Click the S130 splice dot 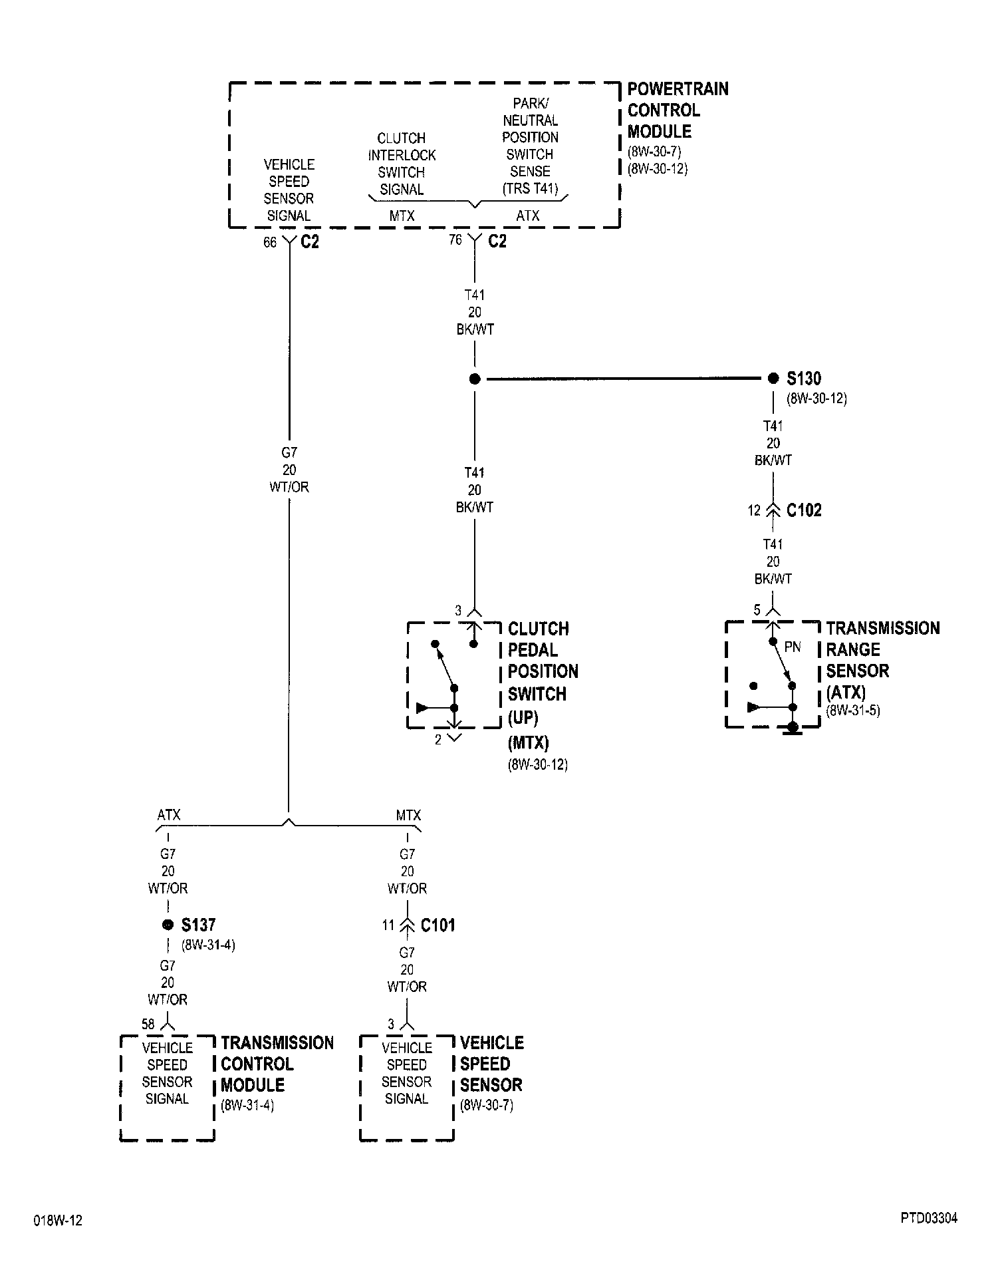point(773,379)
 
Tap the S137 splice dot point(168,925)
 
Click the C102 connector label point(804,510)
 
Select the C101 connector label point(437,925)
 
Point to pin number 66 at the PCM point(269,243)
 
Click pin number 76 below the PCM point(455,239)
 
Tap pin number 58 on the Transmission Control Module point(148,1025)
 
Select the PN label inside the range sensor point(793,647)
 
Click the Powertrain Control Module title point(677,110)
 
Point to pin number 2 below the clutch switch point(438,740)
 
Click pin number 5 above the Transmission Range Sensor point(757,610)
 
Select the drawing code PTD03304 point(929,1218)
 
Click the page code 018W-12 point(58,1221)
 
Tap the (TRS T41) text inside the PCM point(530,188)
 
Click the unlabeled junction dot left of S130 point(474,379)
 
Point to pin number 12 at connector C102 point(753,510)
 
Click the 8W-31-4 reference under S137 point(207,945)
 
